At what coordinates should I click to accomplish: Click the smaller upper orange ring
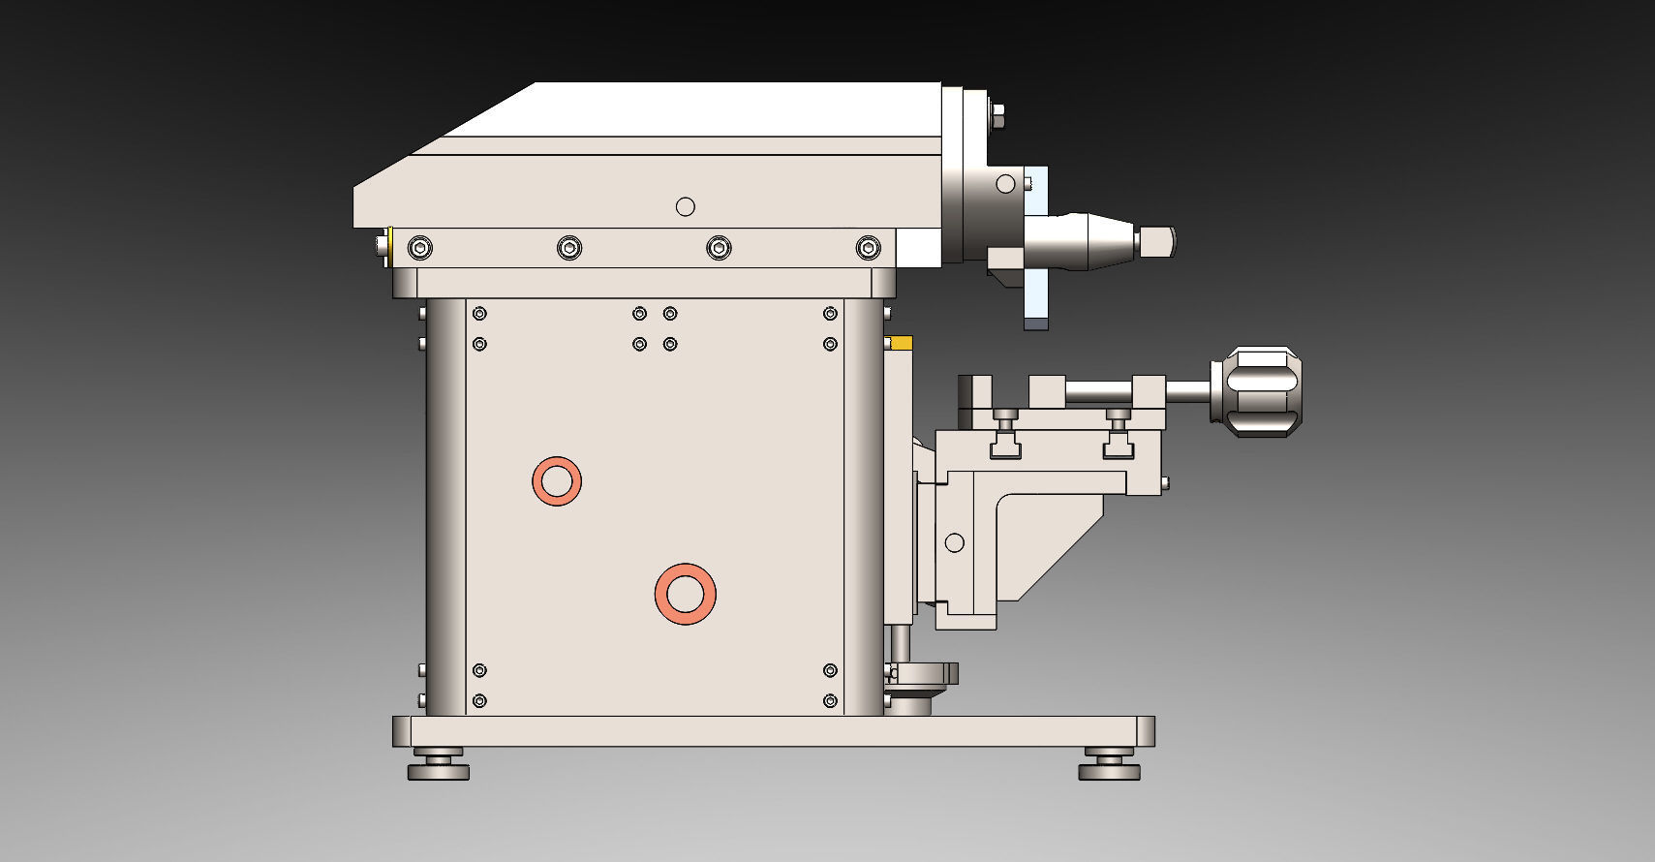tap(557, 480)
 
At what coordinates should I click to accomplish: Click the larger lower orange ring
tap(685, 594)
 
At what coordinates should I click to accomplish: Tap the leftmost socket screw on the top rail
tap(419, 249)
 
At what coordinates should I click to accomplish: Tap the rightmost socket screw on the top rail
tap(869, 249)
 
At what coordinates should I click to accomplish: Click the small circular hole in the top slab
tap(686, 206)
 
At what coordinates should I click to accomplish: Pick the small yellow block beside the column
tap(901, 343)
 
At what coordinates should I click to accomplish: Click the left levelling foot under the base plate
tap(438, 765)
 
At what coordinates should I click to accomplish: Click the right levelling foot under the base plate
tap(1109, 765)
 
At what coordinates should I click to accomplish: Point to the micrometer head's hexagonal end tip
tap(1158, 241)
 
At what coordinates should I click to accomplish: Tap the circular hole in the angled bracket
tap(955, 542)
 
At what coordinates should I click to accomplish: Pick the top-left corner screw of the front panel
tap(479, 314)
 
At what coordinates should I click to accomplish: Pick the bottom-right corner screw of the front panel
tap(830, 700)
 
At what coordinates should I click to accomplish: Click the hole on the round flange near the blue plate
tap(1005, 184)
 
